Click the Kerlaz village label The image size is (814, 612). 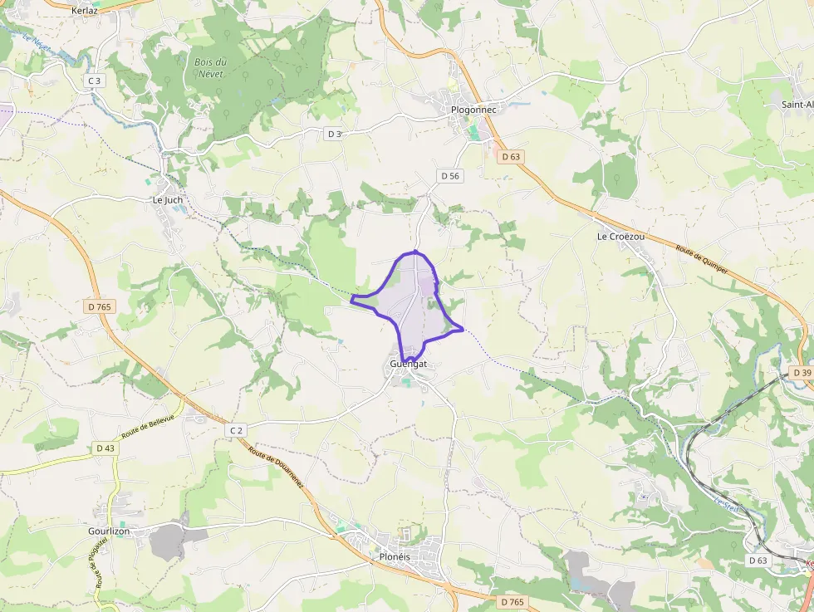(x=85, y=11)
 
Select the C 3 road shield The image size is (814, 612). (x=94, y=81)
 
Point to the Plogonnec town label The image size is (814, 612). (x=473, y=109)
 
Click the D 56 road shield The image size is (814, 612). (x=449, y=175)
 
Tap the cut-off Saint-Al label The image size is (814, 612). (x=797, y=105)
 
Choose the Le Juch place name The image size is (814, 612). (x=167, y=200)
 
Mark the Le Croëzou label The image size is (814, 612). (x=620, y=237)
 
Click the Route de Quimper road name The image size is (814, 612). (x=702, y=260)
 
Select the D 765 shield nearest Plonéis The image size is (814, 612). (x=512, y=600)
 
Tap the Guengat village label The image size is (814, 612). (x=408, y=364)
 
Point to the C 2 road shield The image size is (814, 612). (x=237, y=429)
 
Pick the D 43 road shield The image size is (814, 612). (x=105, y=448)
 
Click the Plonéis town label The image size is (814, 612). (x=395, y=556)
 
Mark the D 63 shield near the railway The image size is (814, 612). (x=757, y=560)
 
